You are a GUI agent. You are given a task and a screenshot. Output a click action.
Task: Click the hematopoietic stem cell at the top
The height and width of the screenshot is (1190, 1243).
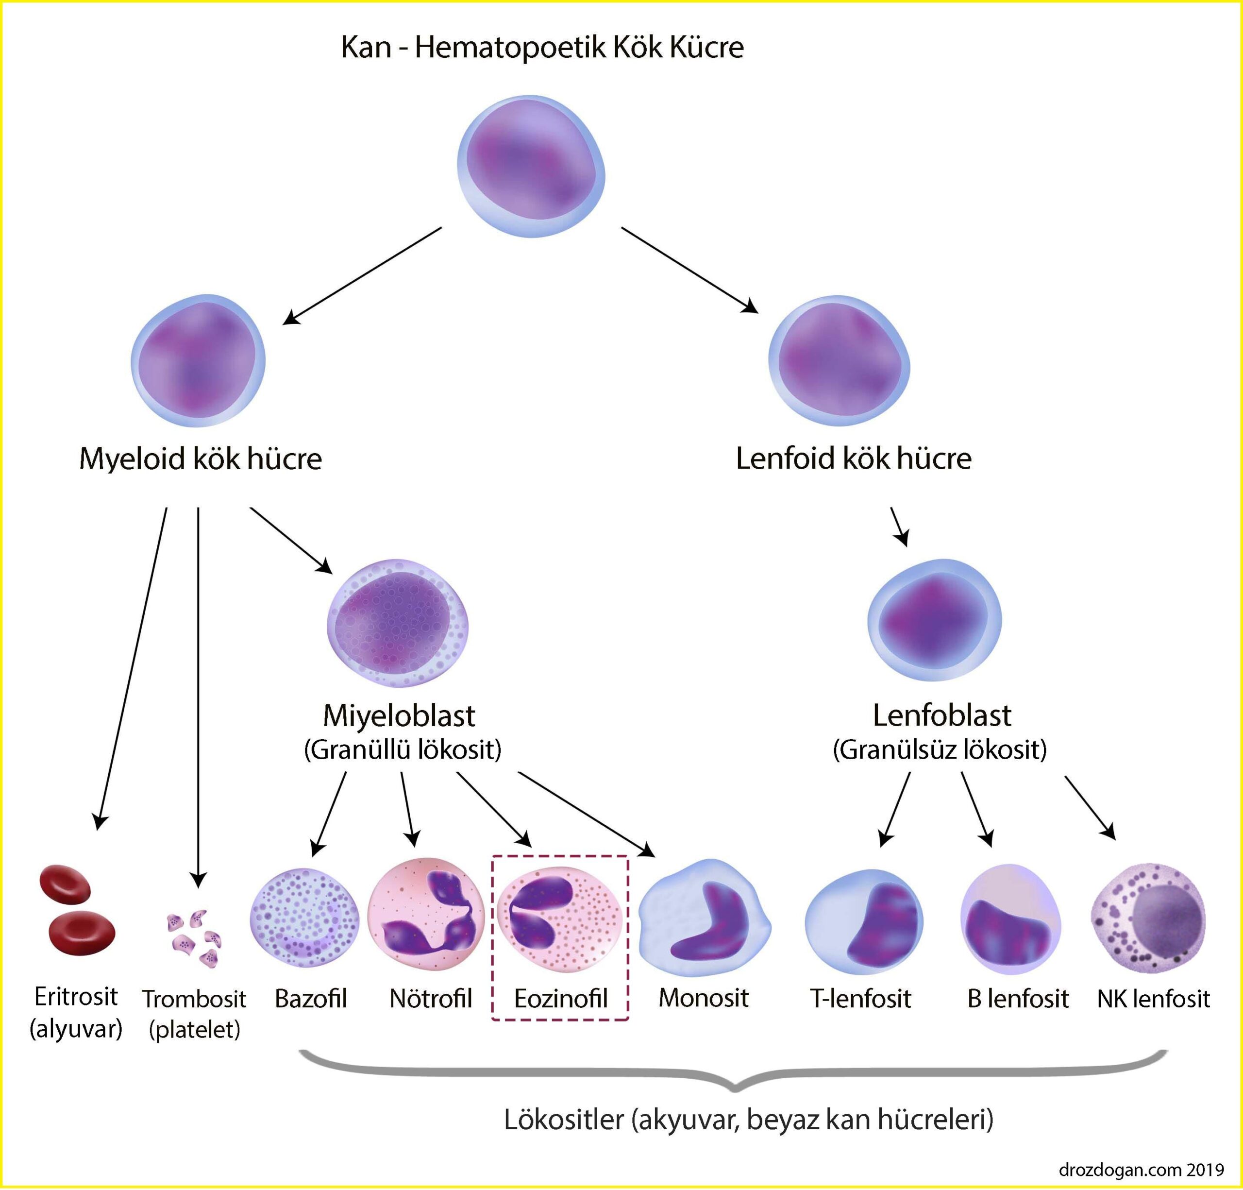[532, 166]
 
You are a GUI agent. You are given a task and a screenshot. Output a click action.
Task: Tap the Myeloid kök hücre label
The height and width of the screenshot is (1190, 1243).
[201, 459]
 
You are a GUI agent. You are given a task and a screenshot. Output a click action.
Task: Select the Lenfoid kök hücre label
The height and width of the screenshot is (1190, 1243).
[853, 459]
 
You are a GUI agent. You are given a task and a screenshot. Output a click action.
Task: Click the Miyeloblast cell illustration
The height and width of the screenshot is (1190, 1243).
[398, 623]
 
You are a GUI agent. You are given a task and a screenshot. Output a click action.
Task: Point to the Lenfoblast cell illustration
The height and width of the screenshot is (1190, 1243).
[934, 620]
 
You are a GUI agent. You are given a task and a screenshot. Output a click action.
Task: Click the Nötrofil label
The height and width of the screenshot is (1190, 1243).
[431, 999]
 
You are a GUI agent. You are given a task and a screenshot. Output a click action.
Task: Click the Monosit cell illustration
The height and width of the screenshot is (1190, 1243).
[705, 918]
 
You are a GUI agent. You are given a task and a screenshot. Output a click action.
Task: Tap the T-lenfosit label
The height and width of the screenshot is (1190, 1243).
[860, 999]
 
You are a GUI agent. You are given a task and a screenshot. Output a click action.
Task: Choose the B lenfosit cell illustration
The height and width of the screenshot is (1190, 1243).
[1010, 920]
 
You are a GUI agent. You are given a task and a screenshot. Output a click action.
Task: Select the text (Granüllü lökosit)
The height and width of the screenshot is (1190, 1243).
[403, 750]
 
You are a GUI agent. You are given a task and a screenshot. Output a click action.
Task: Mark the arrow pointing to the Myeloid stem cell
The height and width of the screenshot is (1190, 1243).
[361, 276]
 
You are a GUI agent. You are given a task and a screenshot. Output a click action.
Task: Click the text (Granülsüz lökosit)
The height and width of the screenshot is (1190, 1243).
[939, 750]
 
